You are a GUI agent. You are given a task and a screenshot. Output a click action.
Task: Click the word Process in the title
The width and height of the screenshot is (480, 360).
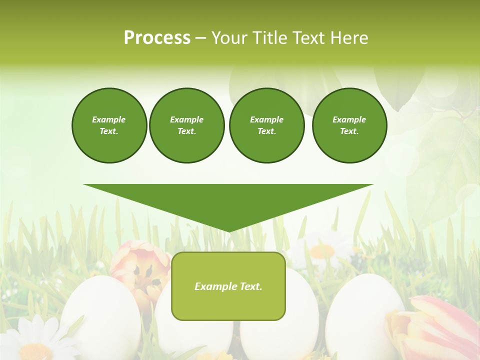[157, 38]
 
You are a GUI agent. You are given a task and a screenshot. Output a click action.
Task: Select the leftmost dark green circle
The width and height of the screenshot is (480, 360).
[109, 125]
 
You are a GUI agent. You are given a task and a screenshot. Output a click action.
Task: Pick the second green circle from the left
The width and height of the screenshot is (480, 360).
[186, 125]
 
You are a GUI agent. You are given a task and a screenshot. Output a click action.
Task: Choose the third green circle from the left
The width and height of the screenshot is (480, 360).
[266, 125]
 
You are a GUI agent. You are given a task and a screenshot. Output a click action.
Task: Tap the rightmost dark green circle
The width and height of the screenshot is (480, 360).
[349, 125]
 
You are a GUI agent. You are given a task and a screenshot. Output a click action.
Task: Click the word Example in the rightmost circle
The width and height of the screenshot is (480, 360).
[349, 119]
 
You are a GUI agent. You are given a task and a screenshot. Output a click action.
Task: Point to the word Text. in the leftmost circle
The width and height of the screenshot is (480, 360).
[109, 131]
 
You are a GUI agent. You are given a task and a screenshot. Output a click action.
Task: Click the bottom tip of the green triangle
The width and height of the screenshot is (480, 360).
[228, 230]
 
